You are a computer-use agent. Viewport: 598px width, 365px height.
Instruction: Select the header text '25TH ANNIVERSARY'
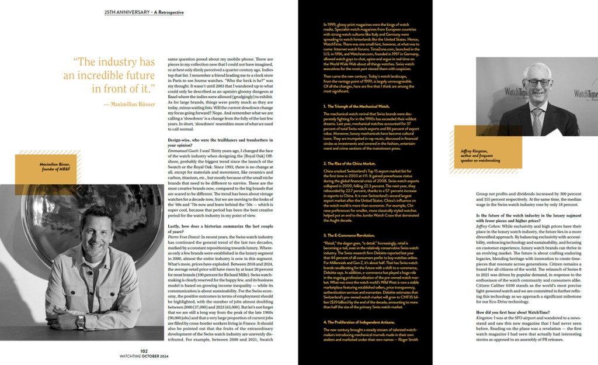pyautogui.click(x=124, y=11)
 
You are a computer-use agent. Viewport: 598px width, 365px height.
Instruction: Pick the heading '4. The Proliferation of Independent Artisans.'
pyautogui.click(x=363, y=322)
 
